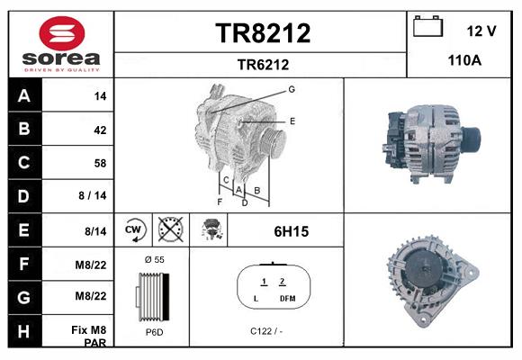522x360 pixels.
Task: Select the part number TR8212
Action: (x=263, y=33)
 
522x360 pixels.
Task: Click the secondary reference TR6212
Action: (x=263, y=64)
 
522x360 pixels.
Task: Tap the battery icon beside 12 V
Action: (x=427, y=27)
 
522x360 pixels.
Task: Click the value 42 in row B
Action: (x=100, y=130)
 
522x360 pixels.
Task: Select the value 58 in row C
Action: (x=100, y=163)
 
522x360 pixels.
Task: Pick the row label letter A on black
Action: (x=23, y=95)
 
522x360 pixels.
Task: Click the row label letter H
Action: (x=23, y=330)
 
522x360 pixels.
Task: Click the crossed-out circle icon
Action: (x=169, y=230)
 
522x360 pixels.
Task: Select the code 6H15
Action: (x=291, y=231)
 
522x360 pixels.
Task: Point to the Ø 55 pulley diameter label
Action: (x=154, y=259)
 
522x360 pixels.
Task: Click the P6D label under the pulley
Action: (x=153, y=331)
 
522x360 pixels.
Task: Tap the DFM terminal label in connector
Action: (x=288, y=298)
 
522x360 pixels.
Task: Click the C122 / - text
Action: (x=266, y=331)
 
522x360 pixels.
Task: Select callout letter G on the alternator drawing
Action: (x=292, y=89)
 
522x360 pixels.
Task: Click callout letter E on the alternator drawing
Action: (x=292, y=120)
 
